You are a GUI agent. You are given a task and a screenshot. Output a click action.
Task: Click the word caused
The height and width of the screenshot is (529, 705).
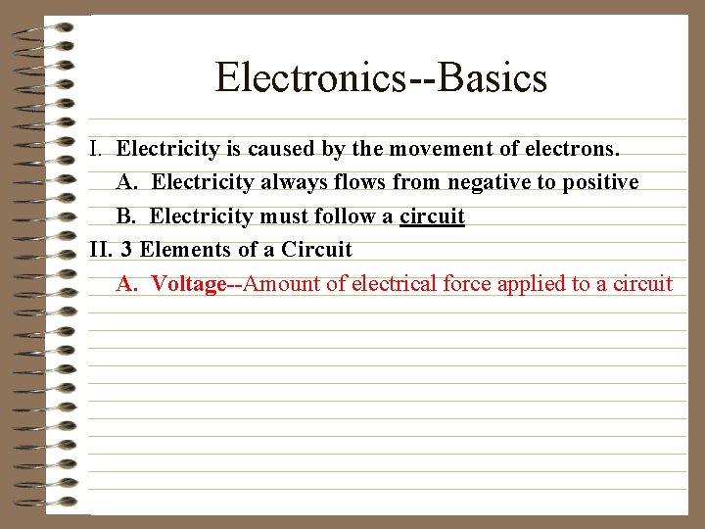[x=280, y=150]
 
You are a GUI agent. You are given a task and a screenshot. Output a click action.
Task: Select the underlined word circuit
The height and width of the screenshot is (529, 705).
[x=432, y=216]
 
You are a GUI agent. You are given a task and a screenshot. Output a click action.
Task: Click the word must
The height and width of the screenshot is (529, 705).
[x=277, y=216]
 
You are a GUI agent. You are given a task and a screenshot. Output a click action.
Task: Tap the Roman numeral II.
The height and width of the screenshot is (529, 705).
[x=101, y=250]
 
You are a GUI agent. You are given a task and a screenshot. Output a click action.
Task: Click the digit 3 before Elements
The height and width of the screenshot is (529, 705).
[x=127, y=250]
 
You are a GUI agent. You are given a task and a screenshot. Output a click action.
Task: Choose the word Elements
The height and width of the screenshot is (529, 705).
[x=183, y=250]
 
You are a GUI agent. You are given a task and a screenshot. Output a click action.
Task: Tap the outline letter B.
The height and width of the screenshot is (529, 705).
[x=123, y=216]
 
